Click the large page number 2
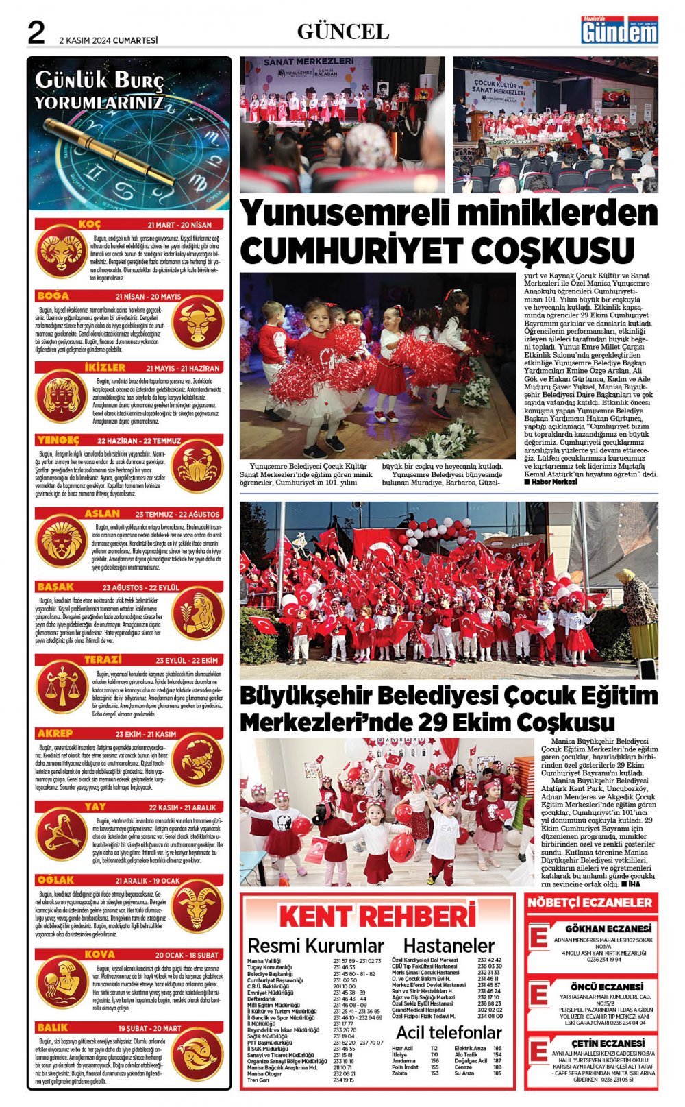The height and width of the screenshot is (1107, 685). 36,32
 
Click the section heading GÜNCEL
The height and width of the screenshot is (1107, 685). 343,32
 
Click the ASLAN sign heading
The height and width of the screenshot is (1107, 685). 102,513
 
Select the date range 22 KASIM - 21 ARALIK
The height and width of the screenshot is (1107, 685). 182,807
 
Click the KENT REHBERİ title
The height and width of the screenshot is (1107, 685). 377,916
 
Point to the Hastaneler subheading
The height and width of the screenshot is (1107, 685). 449,946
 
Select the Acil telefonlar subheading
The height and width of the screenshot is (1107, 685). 449,1032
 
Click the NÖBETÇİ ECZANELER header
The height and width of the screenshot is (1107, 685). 590,903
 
